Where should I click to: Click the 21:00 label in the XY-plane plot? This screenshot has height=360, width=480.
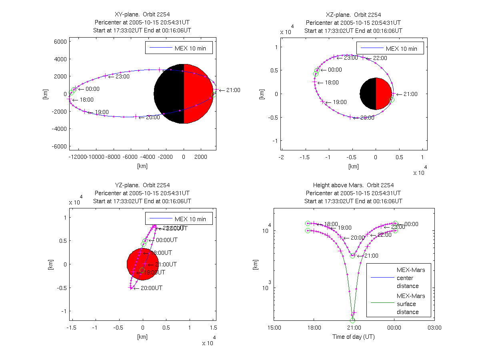(233, 90)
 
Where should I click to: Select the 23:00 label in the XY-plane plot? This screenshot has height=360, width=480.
(122, 76)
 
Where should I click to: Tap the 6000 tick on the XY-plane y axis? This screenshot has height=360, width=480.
(60, 41)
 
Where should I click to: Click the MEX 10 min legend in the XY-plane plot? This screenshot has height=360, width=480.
(179, 48)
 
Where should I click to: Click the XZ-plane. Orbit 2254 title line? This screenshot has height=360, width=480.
(353, 15)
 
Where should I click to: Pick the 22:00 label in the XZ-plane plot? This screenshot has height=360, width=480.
(380, 58)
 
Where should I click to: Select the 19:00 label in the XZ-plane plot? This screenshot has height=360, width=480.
(340, 102)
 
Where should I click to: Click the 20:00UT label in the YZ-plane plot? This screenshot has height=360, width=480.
(152, 288)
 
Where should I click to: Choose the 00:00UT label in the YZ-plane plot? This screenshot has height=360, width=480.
(166, 240)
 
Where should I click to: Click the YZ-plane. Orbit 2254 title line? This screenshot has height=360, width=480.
(142, 185)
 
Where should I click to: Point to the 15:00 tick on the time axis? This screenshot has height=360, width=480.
(274, 328)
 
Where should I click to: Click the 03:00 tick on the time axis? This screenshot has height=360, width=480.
(434, 328)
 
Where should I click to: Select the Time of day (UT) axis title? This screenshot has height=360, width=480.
(354, 337)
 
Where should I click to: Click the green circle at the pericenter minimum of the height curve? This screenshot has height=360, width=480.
(352, 320)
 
